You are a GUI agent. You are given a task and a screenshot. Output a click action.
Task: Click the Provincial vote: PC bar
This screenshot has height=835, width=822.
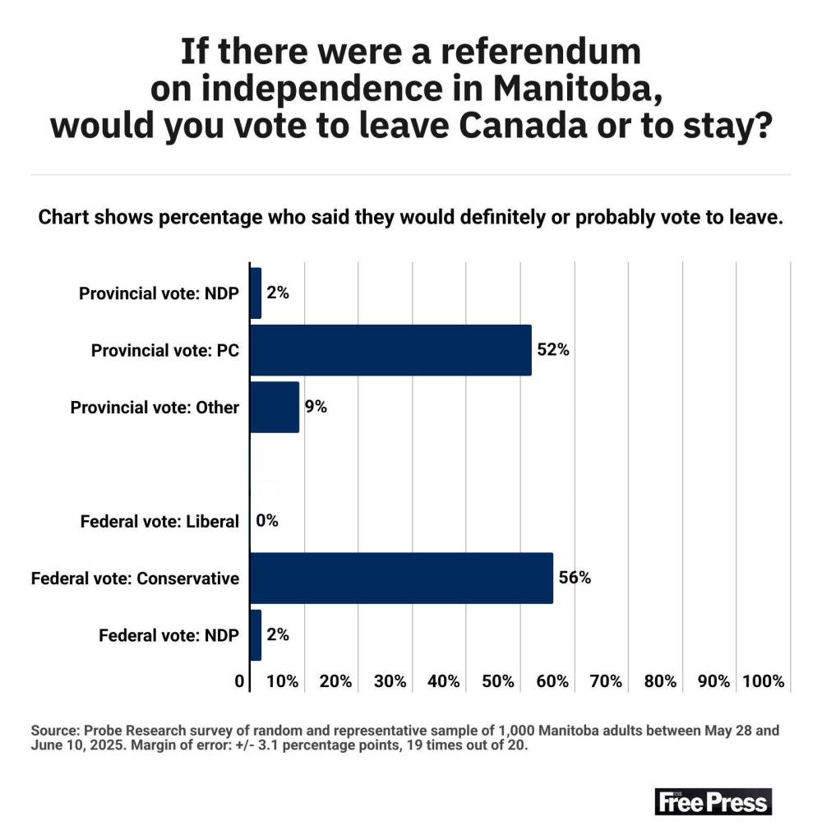pos(390,350)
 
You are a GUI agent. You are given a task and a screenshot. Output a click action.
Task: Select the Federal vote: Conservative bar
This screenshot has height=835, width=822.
pos(401,578)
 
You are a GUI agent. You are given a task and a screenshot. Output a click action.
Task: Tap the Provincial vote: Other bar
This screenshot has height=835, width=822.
pos(274,407)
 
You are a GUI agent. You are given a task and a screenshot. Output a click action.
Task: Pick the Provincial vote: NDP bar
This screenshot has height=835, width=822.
pos(256,293)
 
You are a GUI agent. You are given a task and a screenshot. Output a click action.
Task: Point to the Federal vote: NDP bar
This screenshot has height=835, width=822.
pos(256,634)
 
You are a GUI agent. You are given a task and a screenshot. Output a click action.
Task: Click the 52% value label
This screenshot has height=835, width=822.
pos(553,350)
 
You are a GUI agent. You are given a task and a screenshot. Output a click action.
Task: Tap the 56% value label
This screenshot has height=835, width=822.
pos(575,578)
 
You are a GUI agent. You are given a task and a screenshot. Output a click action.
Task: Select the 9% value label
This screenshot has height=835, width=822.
pos(316,407)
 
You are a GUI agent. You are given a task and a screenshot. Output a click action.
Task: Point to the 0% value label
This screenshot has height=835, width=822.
pos(267,521)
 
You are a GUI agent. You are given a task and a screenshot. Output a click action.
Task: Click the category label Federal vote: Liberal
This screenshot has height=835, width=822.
pos(159,521)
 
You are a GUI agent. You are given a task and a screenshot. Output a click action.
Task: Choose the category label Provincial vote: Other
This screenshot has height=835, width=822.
pos(155,408)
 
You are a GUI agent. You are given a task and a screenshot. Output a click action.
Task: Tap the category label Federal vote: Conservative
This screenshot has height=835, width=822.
pos(135,579)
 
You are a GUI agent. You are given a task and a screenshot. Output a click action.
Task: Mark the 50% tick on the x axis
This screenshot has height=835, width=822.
pos(498,681)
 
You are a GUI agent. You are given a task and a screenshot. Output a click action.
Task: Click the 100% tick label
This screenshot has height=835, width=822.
pos(763,681)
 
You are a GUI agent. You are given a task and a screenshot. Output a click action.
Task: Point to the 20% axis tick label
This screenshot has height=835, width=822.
pos(336,681)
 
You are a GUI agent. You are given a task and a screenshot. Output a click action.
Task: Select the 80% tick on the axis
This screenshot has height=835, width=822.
pos(660,681)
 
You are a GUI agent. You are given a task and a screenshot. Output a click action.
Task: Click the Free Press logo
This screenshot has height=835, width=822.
pos(713,801)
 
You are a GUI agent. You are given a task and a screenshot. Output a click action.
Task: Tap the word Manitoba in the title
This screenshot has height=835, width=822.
pos(553,90)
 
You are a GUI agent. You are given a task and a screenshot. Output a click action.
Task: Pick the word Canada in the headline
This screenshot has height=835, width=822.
pos(493,127)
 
